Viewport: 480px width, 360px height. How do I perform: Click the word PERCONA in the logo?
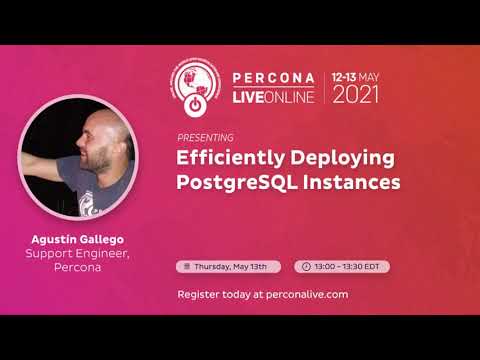273,77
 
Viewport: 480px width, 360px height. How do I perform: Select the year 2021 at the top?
356,96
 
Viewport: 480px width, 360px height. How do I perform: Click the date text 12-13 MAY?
356,76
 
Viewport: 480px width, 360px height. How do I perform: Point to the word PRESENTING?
204,137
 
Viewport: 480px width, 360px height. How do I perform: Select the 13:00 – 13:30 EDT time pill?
342,267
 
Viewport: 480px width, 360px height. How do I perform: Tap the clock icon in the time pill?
305,267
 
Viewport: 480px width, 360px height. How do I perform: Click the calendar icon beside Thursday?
186,267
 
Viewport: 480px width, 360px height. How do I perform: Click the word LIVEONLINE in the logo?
273,96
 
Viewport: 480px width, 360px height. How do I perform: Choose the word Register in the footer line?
197,295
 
